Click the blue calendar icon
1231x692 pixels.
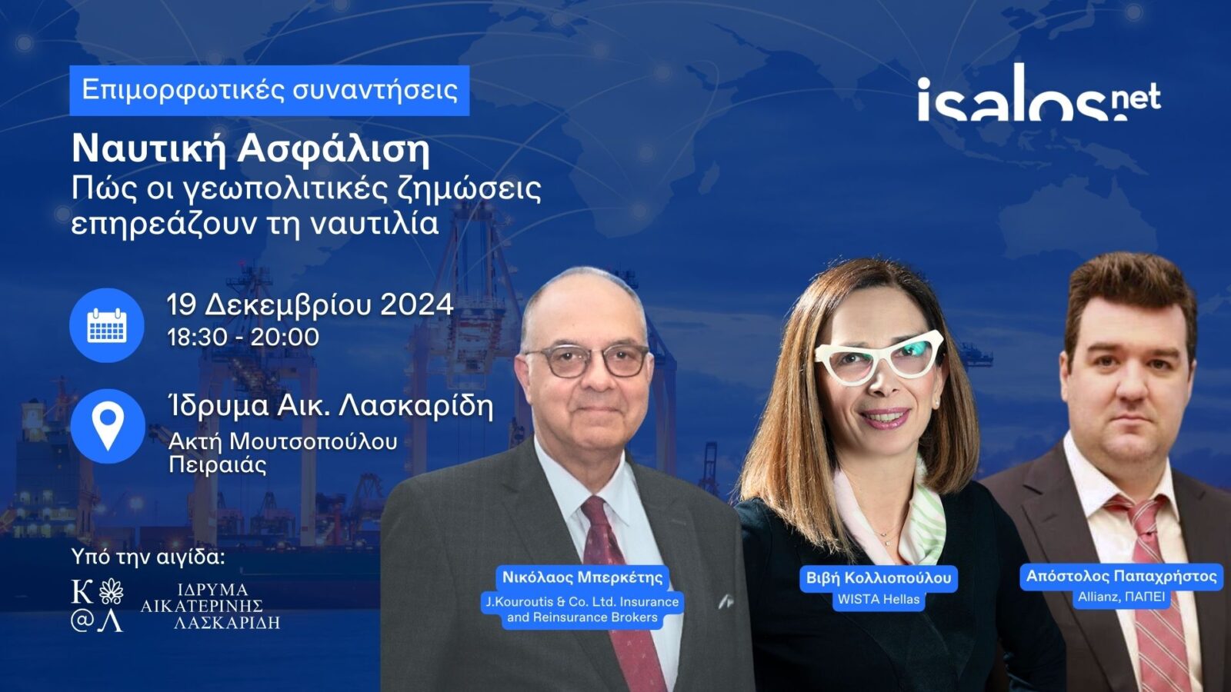tap(107, 325)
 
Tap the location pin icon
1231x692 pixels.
tap(108, 426)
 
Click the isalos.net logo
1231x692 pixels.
tap(1039, 93)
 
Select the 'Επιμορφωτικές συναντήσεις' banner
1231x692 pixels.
tap(269, 91)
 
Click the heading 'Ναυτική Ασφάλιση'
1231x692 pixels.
tap(251, 150)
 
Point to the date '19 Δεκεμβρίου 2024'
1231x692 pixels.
tap(310, 304)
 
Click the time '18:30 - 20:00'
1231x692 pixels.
tap(243, 337)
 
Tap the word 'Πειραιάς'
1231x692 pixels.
tap(218, 466)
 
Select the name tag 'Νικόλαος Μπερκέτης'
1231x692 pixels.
tap(582, 577)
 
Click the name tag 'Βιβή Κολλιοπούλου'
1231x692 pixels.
tap(878, 577)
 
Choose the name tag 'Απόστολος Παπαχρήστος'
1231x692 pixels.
tap(1122, 576)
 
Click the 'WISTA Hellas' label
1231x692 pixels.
tap(878, 600)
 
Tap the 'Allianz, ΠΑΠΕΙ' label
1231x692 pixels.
tap(1121, 597)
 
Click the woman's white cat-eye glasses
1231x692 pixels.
tap(878, 357)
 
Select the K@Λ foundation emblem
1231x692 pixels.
tap(97, 605)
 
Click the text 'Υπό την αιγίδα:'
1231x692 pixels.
tap(148, 557)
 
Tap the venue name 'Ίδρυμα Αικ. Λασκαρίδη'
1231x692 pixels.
tap(330, 407)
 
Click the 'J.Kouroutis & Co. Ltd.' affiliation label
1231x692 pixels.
tap(582, 610)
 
